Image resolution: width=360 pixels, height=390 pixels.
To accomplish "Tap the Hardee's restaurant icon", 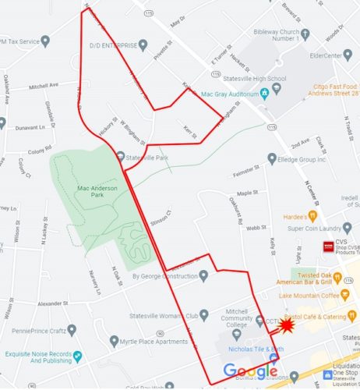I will tap(312, 214).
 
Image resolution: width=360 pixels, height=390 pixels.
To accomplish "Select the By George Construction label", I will tap(164, 275).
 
